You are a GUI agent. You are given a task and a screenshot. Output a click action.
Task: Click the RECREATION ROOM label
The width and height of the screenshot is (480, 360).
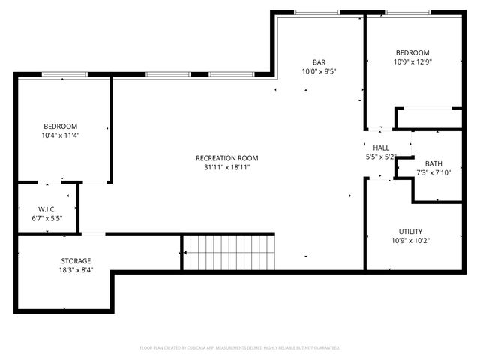[x=226, y=158]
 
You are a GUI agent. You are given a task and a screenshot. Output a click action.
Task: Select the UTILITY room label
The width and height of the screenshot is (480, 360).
[x=410, y=231]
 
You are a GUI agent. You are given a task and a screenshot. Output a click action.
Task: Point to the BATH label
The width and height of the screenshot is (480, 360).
[x=433, y=164]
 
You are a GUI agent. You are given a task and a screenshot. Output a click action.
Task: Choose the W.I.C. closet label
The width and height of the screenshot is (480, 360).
[x=46, y=209]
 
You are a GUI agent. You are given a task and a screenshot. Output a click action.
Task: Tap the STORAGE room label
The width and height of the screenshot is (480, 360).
[x=76, y=261]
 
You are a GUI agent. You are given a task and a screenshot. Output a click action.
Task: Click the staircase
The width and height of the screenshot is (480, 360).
[x=228, y=252]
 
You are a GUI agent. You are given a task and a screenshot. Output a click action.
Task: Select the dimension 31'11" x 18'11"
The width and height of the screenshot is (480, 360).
[x=226, y=168]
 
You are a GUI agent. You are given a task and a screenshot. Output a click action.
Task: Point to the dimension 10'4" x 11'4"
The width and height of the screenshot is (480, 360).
[x=60, y=136]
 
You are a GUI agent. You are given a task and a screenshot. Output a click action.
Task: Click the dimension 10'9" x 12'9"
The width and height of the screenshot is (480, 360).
[x=413, y=62]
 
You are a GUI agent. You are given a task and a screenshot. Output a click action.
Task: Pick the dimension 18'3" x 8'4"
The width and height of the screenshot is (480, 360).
[x=76, y=271]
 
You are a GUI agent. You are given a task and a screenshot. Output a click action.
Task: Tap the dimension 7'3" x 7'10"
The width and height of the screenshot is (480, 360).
[x=433, y=173]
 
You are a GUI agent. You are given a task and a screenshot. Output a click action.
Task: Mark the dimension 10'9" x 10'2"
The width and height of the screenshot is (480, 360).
[x=410, y=241]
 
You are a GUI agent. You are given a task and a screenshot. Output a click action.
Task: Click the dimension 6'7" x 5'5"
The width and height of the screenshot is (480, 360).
[x=46, y=218]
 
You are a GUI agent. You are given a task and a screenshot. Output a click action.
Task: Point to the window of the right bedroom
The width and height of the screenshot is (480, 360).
[x=408, y=12]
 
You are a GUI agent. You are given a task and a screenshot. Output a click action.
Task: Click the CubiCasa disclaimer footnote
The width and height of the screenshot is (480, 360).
[x=240, y=348]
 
